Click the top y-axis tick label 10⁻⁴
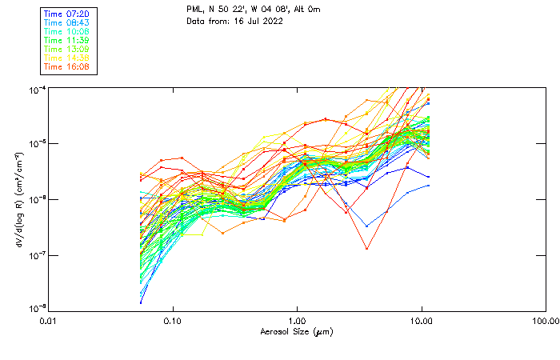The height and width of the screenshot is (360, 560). pos(38,90)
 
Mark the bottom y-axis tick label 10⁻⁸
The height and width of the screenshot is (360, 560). pos(38,308)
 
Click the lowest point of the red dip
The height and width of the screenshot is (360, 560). pos(366,249)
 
